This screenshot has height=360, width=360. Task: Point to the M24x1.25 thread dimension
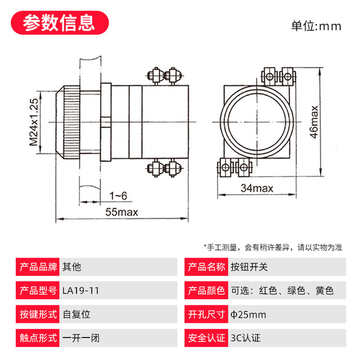tap(34, 122)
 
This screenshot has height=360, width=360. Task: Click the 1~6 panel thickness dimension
tap(118, 196)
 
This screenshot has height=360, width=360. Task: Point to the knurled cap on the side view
tap(71, 123)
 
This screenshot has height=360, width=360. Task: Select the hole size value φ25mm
tap(248, 315)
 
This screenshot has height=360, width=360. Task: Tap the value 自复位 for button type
tap(76, 315)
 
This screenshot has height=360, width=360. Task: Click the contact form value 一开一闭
tap(80, 339)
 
